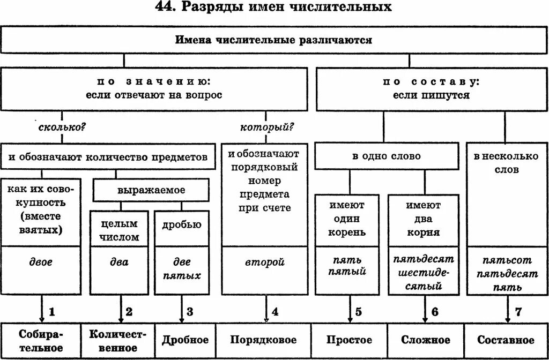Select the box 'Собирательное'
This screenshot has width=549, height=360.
41,341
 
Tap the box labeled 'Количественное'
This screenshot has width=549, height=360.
118,341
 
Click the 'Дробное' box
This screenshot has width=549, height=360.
185,341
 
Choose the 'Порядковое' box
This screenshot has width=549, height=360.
263,341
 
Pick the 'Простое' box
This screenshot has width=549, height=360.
350,341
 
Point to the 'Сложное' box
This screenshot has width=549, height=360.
426,341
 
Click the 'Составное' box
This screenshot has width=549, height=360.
506,341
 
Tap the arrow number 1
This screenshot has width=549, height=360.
52,311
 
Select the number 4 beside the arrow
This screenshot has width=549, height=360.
275,311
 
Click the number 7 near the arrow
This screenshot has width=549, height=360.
518,311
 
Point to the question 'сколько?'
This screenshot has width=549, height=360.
63,129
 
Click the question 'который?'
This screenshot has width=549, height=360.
266,127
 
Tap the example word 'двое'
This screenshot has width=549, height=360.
41,262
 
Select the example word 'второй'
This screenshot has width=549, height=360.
265,262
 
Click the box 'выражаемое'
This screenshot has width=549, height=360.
151,190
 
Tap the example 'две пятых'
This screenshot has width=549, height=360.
185,269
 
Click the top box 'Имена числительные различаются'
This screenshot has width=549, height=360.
273,41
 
